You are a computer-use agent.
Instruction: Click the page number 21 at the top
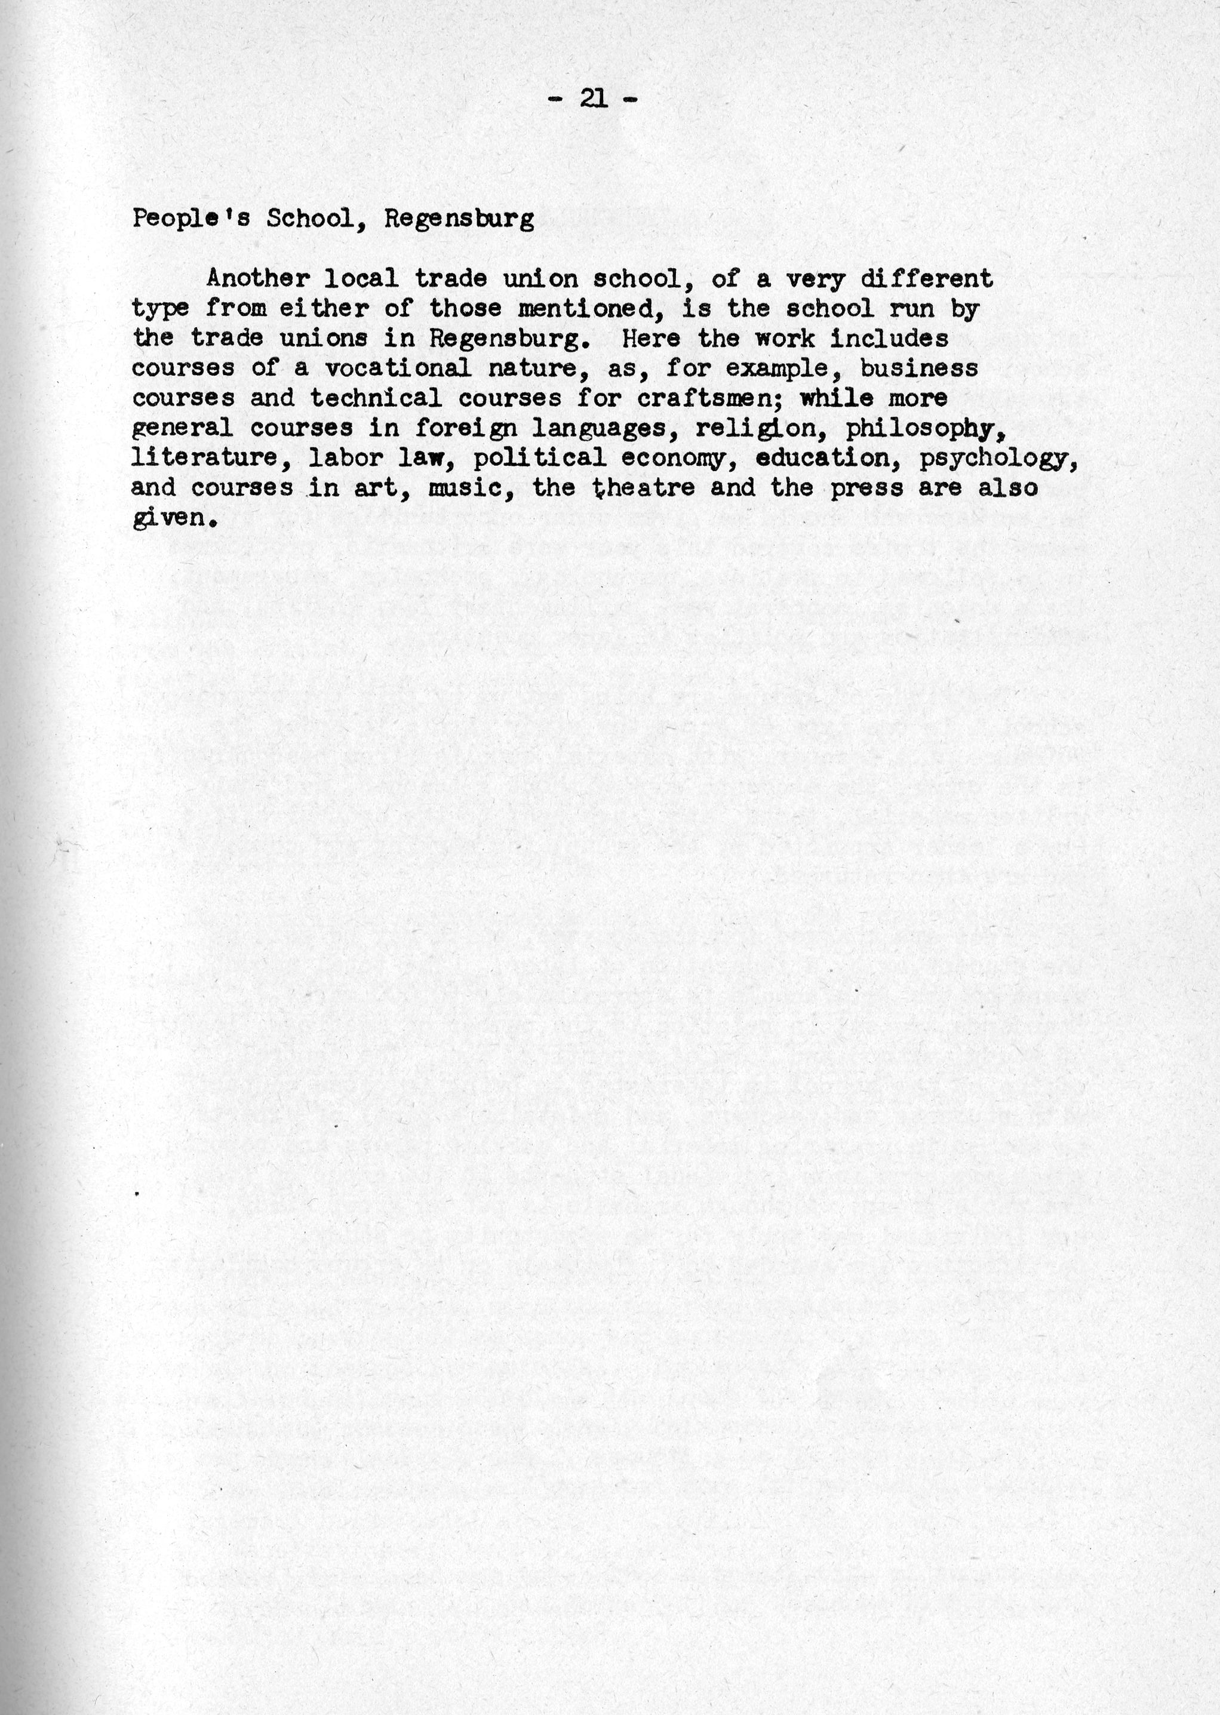point(594,99)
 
